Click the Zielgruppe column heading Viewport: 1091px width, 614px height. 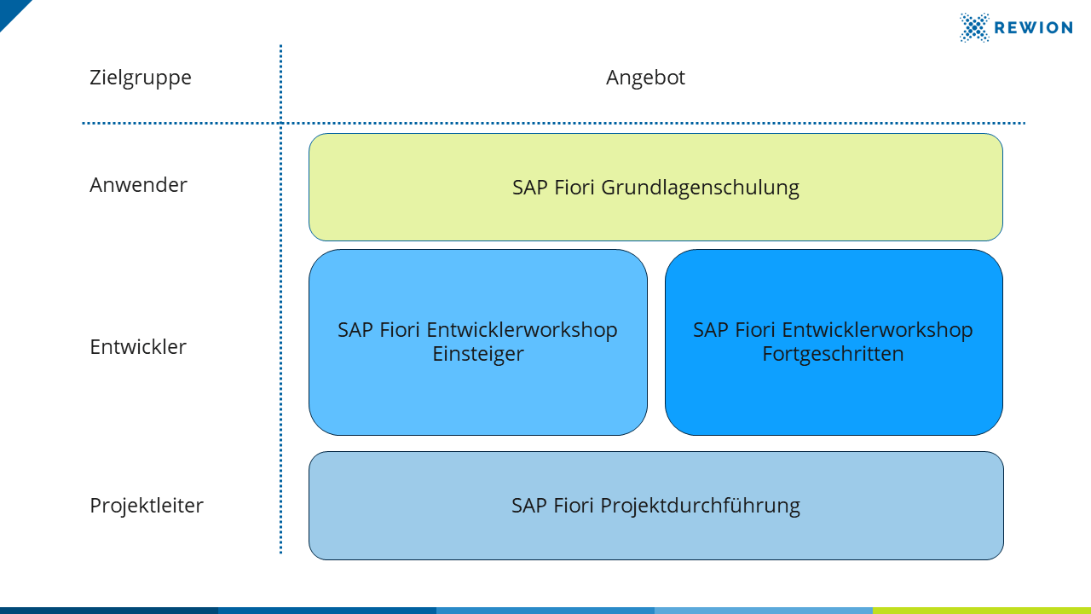click(x=141, y=78)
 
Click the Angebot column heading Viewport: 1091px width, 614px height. click(x=645, y=78)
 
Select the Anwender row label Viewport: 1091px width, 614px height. click(x=138, y=185)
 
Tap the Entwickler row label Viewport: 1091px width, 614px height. click(x=138, y=347)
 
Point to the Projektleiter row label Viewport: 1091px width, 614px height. click(x=147, y=506)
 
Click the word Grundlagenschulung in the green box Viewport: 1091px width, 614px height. click(x=700, y=188)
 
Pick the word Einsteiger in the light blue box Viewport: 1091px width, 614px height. click(x=478, y=354)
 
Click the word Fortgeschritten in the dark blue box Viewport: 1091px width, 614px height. click(x=833, y=354)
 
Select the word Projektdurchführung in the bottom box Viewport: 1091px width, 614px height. click(x=700, y=506)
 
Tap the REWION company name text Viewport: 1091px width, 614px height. click(x=1033, y=28)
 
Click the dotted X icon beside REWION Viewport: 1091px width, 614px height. click(x=974, y=28)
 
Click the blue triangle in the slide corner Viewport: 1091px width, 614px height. click(x=11, y=11)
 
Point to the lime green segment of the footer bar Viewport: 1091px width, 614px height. click(x=982, y=611)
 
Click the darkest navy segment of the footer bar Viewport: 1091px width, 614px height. click(x=109, y=611)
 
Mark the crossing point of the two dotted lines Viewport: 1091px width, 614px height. click(x=281, y=124)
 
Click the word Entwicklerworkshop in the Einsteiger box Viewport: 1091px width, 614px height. click(x=522, y=330)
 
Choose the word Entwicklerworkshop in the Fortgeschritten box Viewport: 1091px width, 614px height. click(x=878, y=330)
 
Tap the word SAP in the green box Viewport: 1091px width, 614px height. click(x=530, y=188)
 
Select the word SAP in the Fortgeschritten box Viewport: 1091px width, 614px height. click(x=711, y=330)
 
